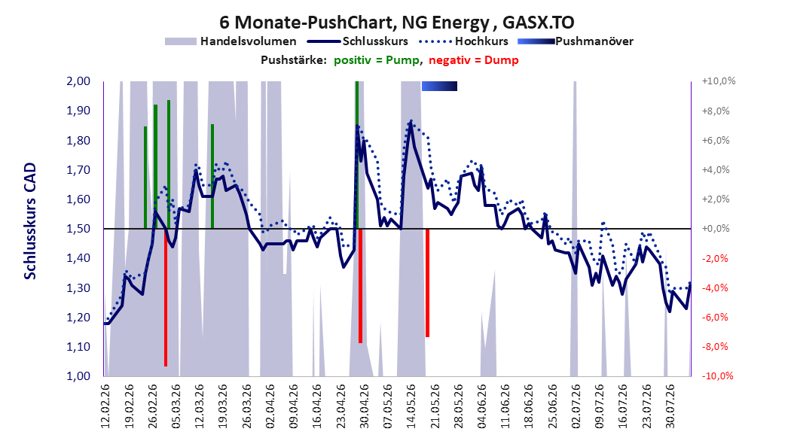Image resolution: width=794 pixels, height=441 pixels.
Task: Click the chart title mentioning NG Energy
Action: pyautogui.click(x=396, y=23)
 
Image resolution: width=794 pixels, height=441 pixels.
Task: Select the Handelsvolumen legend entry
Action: pyautogui.click(x=231, y=41)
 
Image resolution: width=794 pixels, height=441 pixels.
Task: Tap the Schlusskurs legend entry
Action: pyautogui.click(x=358, y=41)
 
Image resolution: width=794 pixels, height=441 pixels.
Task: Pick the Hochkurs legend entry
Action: pyautogui.click(x=463, y=41)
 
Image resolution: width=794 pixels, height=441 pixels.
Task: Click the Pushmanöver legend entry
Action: pyautogui.click(x=576, y=41)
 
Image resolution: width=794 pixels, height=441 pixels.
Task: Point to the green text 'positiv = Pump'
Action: pyautogui.click(x=377, y=60)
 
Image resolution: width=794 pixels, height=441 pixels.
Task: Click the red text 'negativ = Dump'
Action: pyautogui.click(x=474, y=60)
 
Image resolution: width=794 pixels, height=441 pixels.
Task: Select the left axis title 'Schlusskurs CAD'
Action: pyautogui.click(x=30, y=221)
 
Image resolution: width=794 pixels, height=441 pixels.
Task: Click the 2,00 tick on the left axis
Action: pyautogui.click(x=78, y=81)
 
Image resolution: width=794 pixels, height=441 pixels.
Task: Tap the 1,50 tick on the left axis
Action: pyautogui.click(x=78, y=229)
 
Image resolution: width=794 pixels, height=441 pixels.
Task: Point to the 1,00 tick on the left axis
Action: pyautogui.click(x=78, y=376)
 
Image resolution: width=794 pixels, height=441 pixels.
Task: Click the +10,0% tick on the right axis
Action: pyautogui.click(x=719, y=81)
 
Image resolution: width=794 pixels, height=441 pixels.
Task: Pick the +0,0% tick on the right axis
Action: pyautogui.click(x=716, y=229)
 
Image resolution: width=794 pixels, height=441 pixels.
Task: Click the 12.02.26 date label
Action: pyautogui.click(x=105, y=406)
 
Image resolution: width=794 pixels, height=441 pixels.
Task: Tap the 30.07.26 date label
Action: pyautogui.click(x=670, y=406)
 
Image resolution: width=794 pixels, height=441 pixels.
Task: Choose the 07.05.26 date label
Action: pyautogui.click(x=387, y=406)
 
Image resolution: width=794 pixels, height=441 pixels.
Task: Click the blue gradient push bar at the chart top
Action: pyautogui.click(x=439, y=86)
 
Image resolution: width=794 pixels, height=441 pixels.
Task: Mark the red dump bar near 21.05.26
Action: pyautogui.click(x=427, y=283)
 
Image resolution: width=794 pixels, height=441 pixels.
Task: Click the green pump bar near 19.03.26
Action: pyautogui.click(x=212, y=177)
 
